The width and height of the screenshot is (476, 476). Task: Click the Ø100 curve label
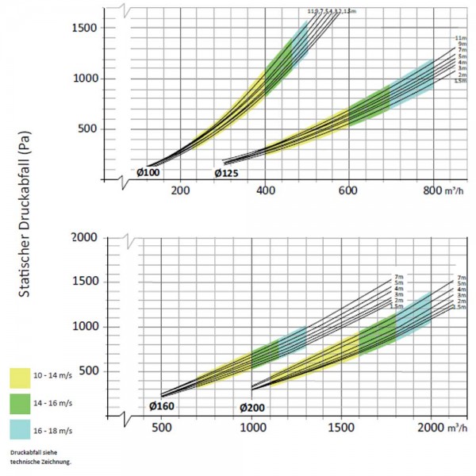pos(148,171)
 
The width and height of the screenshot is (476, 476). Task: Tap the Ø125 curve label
pos(228,173)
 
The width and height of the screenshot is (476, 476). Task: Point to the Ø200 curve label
pos(251,407)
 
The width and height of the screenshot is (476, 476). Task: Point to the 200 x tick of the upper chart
pos(180,190)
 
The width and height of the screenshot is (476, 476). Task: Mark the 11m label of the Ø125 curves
pos(459,38)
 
